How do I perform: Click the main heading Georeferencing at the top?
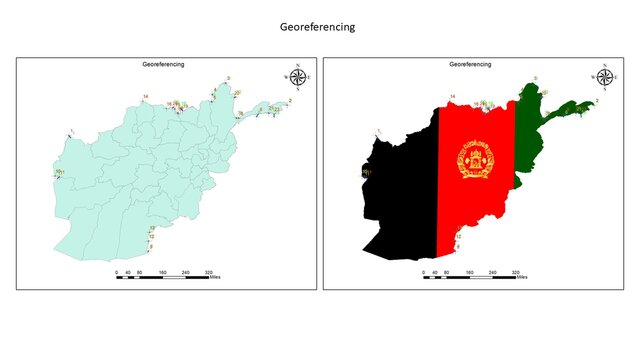click(317, 28)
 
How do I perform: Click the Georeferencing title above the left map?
click(163, 64)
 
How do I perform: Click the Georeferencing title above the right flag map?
click(470, 64)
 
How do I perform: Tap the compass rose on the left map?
click(297, 76)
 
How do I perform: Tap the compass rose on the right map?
click(604, 76)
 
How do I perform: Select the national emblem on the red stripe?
click(475, 160)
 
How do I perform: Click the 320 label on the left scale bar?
click(208, 271)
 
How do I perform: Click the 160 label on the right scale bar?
click(469, 271)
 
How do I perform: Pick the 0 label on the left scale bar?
click(116, 271)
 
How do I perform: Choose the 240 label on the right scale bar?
click(492, 271)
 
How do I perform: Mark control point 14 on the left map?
click(145, 96)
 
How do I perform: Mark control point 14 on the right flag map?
click(452, 96)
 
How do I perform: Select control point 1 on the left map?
click(71, 130)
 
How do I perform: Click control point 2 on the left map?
click(290, 101)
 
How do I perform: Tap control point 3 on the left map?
click(228, 78)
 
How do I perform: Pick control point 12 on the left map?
click(151, 237)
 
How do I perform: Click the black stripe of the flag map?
click(400, 200)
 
